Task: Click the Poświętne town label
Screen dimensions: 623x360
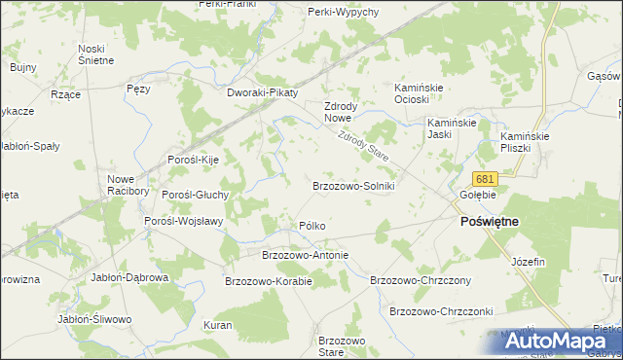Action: coord(489,222)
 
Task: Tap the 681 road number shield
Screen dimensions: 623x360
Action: coord(486,179)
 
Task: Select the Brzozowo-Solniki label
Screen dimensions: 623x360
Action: coord(352,185)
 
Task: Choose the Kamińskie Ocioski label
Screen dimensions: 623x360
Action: coord(419,93)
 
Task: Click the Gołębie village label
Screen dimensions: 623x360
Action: coord(478,195)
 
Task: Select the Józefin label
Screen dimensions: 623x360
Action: coord(528,263)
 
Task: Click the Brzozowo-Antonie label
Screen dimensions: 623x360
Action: coord(305,255)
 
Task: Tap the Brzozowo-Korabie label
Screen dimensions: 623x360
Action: coord(268,281)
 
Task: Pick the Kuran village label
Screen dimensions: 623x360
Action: coord(217,324)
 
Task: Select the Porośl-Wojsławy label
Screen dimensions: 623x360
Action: coord(184,221)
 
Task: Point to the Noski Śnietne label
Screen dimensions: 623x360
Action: coord(96,54)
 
